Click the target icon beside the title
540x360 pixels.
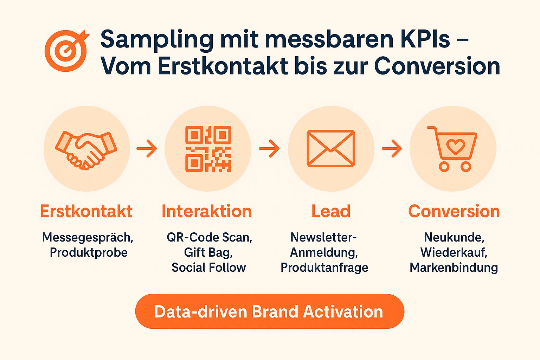(66, 51)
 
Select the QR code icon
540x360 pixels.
(208, 149)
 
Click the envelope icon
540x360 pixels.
(331, 148)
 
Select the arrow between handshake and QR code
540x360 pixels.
(147, 148)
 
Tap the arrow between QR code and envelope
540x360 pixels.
(269, 148)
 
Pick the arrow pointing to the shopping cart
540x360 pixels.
(392, 148)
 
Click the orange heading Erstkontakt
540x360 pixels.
(86, 211)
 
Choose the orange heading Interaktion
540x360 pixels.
(207, 211)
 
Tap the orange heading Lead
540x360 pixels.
(331, 211)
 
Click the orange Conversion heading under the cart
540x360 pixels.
(454, 211)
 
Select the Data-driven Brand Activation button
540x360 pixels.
(270, 311)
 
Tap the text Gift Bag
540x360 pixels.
(208, 252)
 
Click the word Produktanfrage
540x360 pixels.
(324, 268)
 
